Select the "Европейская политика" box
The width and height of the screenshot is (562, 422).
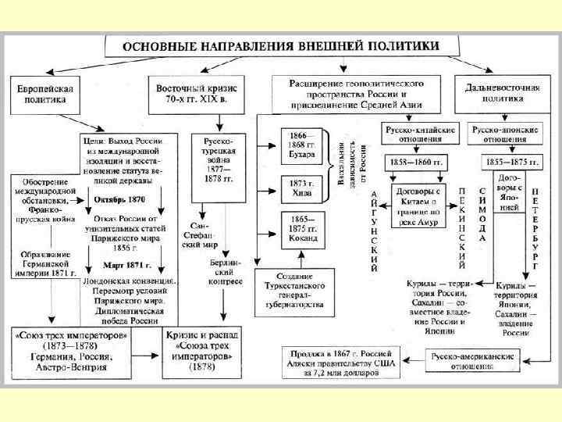(42, 95)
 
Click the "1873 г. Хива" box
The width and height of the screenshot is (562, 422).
(301, 190)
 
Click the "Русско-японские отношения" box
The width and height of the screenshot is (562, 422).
(502, 131)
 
